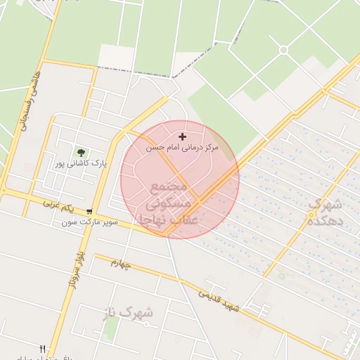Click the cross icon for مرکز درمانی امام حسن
coord(183,136)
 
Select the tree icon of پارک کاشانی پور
coord(82,152)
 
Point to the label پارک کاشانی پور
coord(82,163)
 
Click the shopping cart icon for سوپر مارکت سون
coord(89,211)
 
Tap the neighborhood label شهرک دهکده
coord(324,212)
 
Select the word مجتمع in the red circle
coord(169,187)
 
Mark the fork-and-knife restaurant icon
coord(43,349)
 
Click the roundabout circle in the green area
coord(283,50)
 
